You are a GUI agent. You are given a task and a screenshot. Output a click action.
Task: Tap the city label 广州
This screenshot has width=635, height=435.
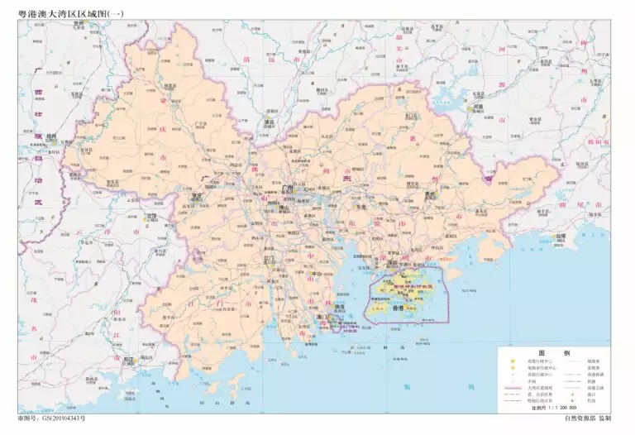(x=289, y=189)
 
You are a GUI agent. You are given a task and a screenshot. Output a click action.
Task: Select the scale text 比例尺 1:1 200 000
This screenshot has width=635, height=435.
(x=556, y=408)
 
